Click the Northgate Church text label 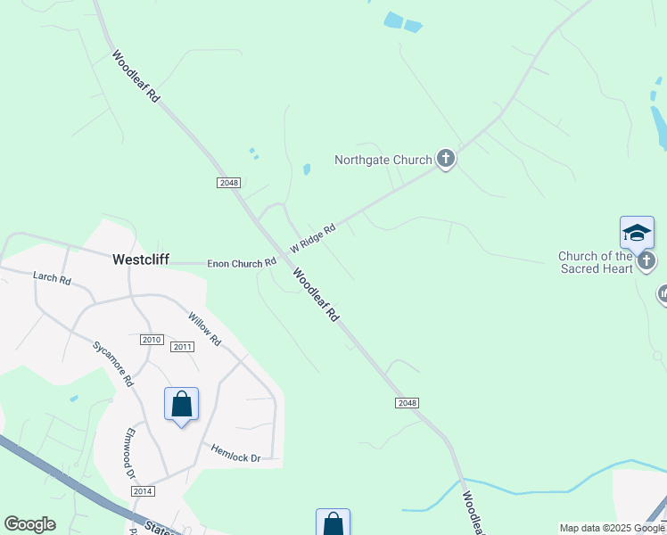(383, 160)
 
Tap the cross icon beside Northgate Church (446, 160)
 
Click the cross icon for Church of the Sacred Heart (647, 260)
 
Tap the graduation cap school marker (637, 233)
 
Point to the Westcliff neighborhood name (141, 259)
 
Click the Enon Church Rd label (242, 263)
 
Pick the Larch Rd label (52, 277)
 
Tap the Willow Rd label (204, 328)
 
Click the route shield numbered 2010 (152, 340)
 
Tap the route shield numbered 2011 (182, 347)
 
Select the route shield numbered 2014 (143, 491)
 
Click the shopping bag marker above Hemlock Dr (181, 404)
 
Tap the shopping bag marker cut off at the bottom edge (333, 523)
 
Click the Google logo (29, 524)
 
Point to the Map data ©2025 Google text (613, 528)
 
